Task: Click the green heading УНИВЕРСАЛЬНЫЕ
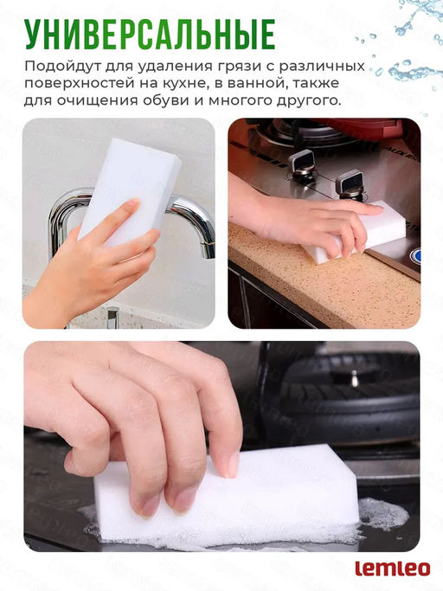(x=150, y=35)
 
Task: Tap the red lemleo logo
(x=393, y=569)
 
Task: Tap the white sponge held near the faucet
(x=130, y=192)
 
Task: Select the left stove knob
(x=302, y=165)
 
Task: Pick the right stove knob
(x=350, y=184)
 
